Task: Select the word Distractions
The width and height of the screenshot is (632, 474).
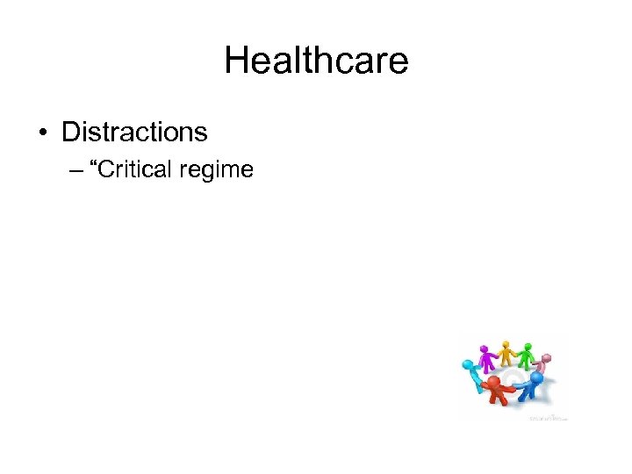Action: [x=134, y=133]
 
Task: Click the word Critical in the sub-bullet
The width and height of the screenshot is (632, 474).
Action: [x=137, y=169]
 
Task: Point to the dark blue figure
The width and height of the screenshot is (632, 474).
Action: [x=532, y=385]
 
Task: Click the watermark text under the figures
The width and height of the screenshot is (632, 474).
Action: [x=548, y=418]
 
